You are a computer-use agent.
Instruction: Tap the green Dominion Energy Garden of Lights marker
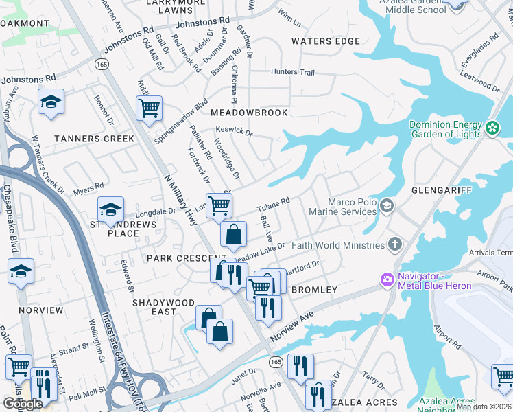[x=492, y=128]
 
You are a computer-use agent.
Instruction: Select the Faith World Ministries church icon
[x=394, y=244]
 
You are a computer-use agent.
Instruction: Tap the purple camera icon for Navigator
[x=387, y=279]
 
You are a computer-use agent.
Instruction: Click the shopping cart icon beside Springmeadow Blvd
[x=149, y=107]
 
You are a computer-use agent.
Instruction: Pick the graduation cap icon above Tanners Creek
[x=51, y=102]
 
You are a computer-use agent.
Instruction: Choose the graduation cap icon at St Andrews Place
[x=110, y=208]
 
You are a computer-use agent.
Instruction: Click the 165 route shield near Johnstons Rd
[x=102, y=63]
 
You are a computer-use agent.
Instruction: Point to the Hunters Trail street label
[x=293, y=72]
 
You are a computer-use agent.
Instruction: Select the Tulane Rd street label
[x=274, y=205]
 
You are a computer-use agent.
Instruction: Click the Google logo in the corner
[x=22, y=404]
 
